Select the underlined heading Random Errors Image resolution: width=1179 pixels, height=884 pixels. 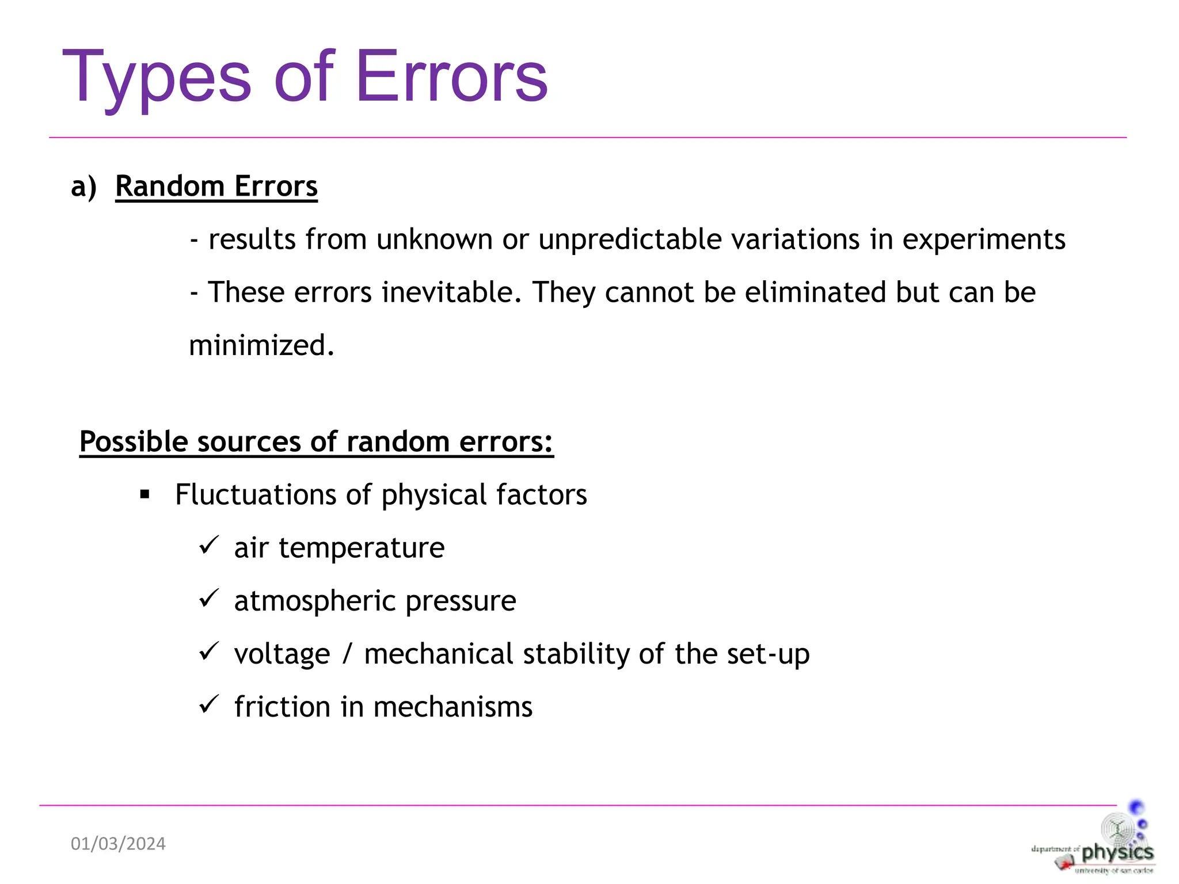tap(216, 186)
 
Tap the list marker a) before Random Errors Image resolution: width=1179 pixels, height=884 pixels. tap(83, 186)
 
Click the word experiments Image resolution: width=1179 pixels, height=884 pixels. tap(983, 239)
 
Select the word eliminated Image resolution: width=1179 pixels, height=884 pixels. tap(815, 292)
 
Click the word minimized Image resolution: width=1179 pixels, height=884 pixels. tap(261, 345)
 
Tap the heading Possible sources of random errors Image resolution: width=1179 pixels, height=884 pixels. tap(316, 442)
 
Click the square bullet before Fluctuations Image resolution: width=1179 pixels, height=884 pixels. tap(145, 494)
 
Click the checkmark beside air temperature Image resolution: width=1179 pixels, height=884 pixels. tap(208, 545)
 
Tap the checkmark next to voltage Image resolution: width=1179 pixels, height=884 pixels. tap(208, 651)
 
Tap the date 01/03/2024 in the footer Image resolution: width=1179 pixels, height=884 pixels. tap(118, 844)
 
